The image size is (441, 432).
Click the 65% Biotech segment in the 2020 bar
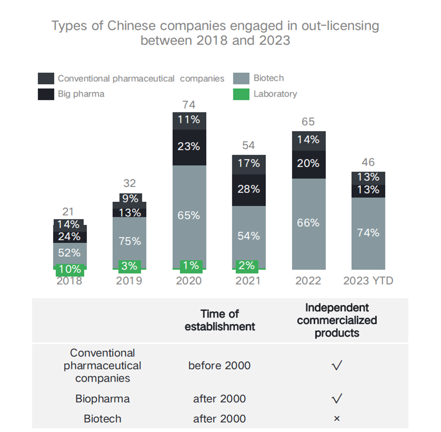(x=189, y=215)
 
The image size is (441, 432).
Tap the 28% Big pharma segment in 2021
(x=249, y=189)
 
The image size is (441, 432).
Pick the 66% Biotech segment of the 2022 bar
(x=309, y=223)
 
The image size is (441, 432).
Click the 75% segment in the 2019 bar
(x=130, y=241)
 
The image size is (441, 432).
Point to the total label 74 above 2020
(x=189, y=105)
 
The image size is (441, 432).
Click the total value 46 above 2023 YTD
(x=368, y=162)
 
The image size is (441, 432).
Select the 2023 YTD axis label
(x=368, y=281)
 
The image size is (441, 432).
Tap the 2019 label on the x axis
(x=129, y=281)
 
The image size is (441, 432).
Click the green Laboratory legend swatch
(x=241, y=94)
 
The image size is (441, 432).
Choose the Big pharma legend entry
(x=81, y=94)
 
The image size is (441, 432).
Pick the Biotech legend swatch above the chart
(x=241, y=79)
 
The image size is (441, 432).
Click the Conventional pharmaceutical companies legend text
(x=141, y=79)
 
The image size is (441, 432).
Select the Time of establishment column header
(x=219, y=320)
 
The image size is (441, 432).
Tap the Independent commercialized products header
(x=336, y=320)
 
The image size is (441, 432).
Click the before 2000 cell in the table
(x=219, y=366)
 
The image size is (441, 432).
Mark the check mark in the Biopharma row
(x=336, y=398)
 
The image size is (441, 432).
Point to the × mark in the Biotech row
(x=336, y=419)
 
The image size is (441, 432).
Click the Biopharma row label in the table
(x=103, y=398)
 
